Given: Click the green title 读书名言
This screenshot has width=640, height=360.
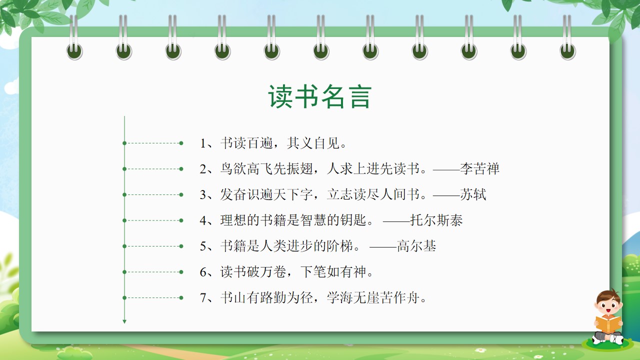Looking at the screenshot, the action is point(319,96).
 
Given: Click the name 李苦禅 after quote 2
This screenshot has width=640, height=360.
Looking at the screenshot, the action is point(479,169).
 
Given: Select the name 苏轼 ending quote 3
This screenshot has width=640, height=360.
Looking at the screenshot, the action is point(473,194).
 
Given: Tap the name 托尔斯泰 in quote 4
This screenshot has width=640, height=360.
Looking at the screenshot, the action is point(436,220).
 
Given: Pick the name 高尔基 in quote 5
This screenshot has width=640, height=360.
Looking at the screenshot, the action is point(416,246).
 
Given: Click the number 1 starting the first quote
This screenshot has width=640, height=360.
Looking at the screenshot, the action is point(203,143).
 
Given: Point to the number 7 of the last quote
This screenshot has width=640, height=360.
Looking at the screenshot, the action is point(203,298).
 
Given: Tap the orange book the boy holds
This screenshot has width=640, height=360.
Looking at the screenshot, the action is point(608,324).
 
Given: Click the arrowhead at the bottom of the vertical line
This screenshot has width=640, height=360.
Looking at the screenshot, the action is point(124,321).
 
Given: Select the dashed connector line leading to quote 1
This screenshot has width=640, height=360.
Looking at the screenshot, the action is point(153,143).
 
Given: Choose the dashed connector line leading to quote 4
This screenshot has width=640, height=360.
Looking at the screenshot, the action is point(153,220).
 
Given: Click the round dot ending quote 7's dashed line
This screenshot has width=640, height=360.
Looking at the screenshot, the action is point(181,297).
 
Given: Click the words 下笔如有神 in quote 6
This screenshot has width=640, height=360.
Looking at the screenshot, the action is point(333,271).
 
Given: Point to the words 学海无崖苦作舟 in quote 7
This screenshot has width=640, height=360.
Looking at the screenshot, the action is point(373,297).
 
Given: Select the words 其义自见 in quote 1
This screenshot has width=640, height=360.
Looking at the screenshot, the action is point(313,143).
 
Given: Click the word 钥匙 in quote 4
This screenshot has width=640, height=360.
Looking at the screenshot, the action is point(353,220).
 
